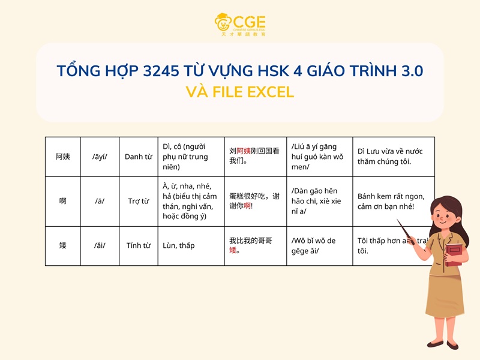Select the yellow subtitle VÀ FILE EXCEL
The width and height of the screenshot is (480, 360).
tap(240, 92)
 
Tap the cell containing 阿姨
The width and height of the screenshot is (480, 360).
tap(63, 157)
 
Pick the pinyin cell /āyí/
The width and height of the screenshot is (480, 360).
tap(100, 157)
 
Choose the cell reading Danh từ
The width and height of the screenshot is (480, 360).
tap(138, 157)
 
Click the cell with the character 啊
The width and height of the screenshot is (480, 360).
tap(63, 201)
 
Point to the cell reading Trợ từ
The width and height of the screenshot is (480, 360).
tap(138, 201)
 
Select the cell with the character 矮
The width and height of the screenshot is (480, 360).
tap(63, 245)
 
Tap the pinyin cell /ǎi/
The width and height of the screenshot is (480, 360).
tap(100, 245)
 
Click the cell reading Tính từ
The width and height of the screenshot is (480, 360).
tap(138, 245)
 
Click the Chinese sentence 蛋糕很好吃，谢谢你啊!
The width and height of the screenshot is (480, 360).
tap(254, 201)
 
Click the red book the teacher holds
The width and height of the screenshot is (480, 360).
tap(454, 256)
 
